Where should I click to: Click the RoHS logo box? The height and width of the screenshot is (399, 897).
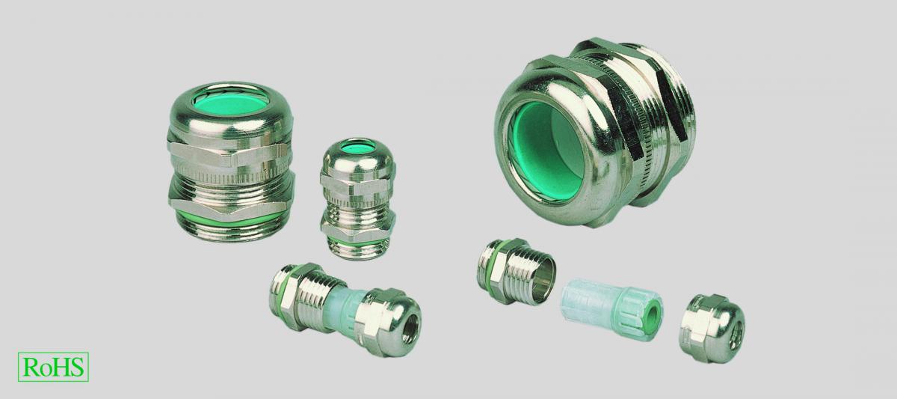pos(53,367)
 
